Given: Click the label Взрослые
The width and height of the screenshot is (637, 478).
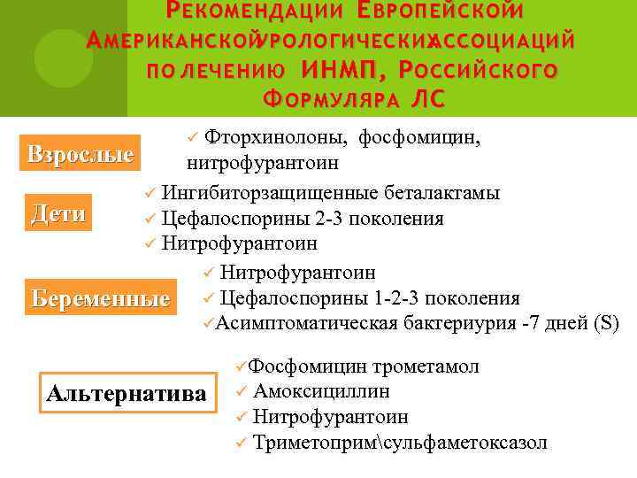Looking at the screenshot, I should pyautogui.click(x=81, y=154).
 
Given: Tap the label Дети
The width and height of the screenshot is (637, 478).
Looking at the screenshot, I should pyautogui.click(x=59, y=213).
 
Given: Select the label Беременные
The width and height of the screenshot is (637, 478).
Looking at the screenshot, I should pyautogui.click(x=100, y=297).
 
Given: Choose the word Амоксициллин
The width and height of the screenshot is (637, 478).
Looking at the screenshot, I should pyautogui.click(x=321, y=391).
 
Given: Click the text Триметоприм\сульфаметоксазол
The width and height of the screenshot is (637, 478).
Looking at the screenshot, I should pyautogui.click(x=400, y=442).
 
